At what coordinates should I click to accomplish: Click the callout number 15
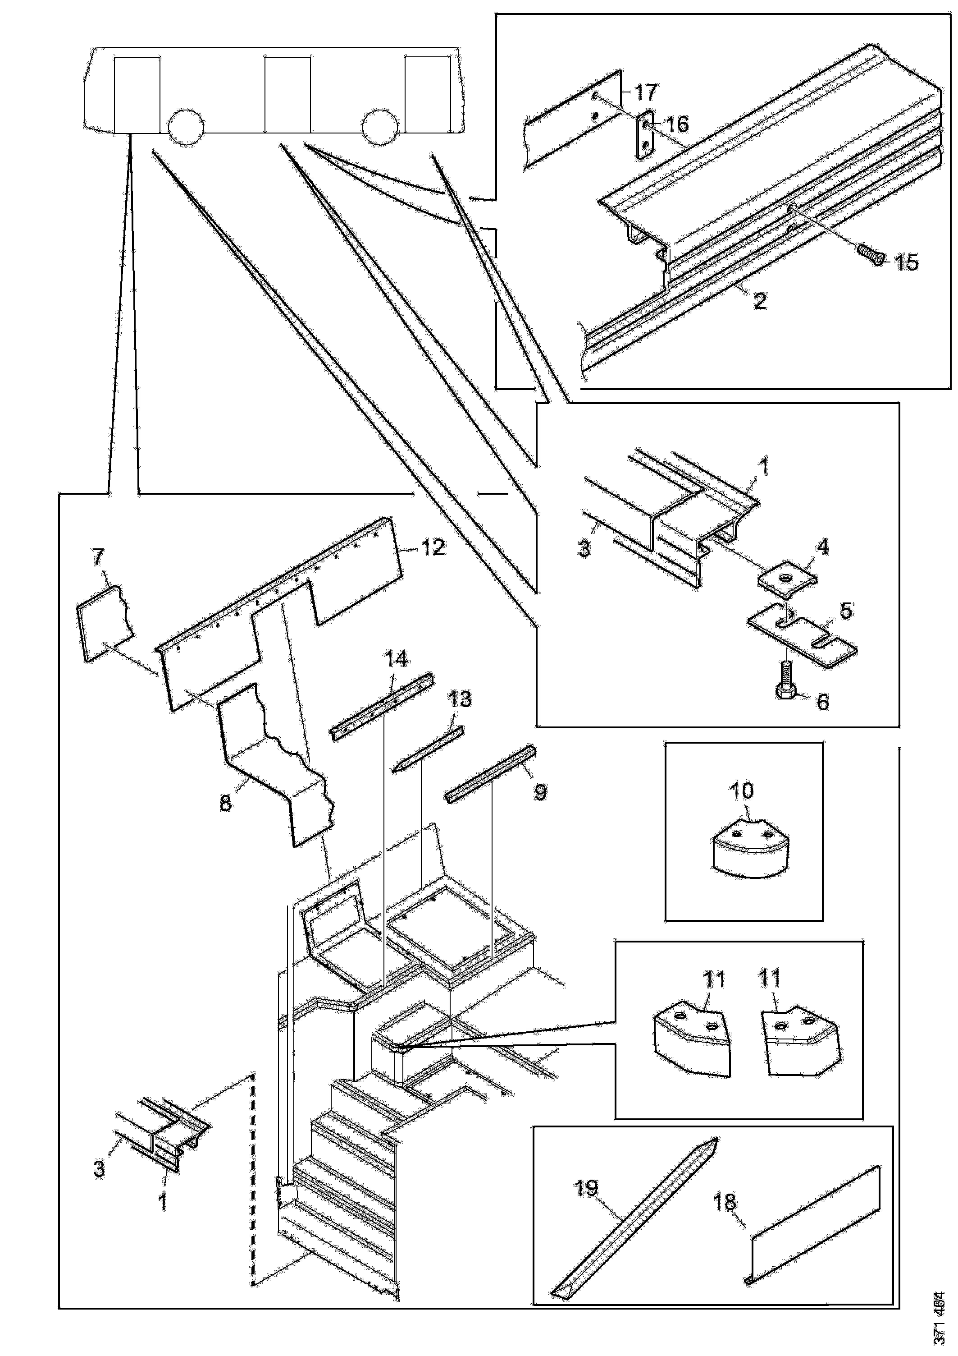907,262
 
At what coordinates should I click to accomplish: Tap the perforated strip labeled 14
382,707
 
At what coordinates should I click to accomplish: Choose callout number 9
540,792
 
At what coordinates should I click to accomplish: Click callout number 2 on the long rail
760,301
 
